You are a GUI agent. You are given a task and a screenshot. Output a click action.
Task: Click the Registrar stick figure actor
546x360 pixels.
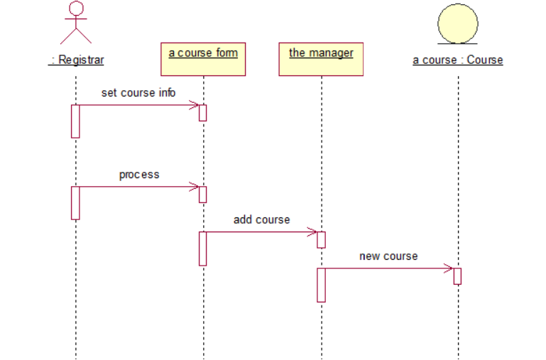[75, 23]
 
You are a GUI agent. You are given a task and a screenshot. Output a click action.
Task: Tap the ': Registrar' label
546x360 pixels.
[76, 60]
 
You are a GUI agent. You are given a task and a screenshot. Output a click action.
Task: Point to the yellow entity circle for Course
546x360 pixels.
[457, 23]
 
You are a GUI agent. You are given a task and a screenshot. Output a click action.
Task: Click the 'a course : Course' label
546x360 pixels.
[458, 60]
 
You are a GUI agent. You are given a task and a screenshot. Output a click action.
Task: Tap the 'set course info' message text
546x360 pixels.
[138, 93]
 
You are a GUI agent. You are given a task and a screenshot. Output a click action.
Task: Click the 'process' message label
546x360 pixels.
[139, 175]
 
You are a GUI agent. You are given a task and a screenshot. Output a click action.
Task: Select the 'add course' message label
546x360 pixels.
[261, 220]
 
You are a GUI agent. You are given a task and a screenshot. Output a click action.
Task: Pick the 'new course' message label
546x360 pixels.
[388, 256]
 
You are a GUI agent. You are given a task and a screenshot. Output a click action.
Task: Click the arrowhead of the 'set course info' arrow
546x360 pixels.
[195, 106]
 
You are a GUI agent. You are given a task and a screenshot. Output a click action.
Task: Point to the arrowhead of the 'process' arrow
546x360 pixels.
[195, 187]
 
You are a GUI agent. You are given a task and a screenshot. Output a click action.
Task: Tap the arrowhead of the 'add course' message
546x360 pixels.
[312, 232]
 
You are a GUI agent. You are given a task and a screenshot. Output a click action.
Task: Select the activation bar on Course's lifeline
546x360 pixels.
[457, 276]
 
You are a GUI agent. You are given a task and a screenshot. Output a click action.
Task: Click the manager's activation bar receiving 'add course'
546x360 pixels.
[321, 240]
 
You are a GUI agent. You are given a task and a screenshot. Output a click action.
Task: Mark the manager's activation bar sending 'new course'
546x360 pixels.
[321, 285]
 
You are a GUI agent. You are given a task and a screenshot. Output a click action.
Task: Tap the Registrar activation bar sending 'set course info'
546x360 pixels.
[75, 121]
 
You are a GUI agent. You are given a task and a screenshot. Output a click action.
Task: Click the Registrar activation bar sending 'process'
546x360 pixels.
[75, 203]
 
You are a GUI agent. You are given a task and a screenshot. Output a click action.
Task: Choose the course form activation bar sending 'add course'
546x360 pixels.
[203, 249]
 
